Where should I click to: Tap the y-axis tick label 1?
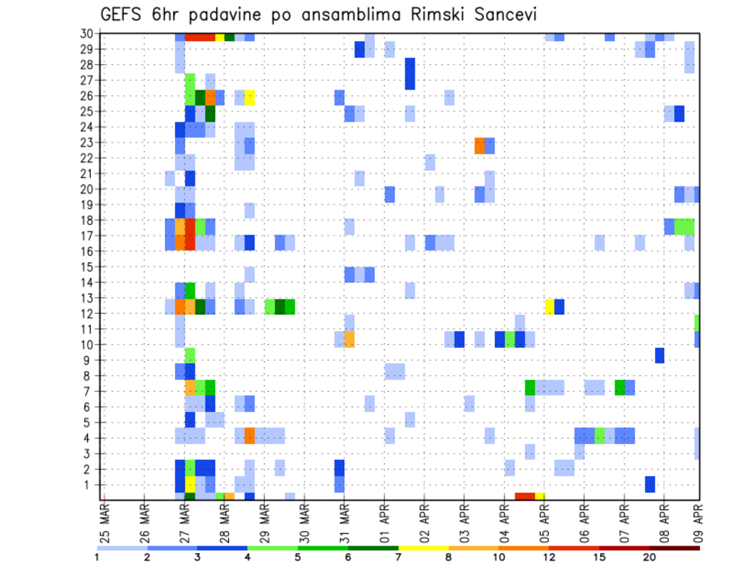92,484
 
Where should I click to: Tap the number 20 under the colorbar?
650,557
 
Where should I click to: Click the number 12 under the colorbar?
548,557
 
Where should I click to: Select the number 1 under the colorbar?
97,557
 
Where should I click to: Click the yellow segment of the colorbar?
424,547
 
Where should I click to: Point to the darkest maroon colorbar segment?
675,547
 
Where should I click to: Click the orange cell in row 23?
480,145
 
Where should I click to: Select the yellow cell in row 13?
549,306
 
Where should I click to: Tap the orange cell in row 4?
250,436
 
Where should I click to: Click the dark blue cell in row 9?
659,355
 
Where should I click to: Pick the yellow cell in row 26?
250,96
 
